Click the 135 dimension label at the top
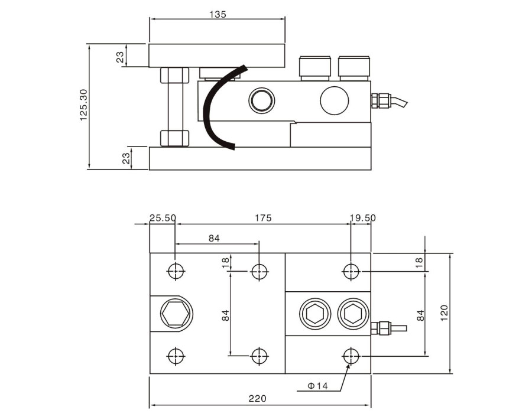pyautogui.click(x=218, y=14)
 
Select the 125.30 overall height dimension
pyautogui.click(x=83, y=106)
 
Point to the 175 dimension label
pyautogui.click(x=263, y=218)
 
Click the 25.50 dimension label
pyautogui.click(x=163, y=218)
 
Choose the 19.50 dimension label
pyautogui.click(x=362, y=218)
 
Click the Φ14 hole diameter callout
pyautogui.click(x=317, y=386)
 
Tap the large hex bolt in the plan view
pyautogui.click(x=176, y=312)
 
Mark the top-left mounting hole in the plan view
pyautogui.click(x=176, y=271)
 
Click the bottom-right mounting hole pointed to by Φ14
pyautogui.click(x=351, y=356)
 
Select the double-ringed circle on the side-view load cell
pyautogui.click(x=261, y=100)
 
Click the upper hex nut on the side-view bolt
pyautogui.click(x=174, y=76)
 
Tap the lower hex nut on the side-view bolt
pyautogui.click(x=174, y=138)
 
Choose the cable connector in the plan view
pyautogui.click(x=384, y=327)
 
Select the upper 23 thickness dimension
pyautogui.click(x=120, y=57)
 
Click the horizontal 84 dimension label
pyautogui.click(x=214, y=239)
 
